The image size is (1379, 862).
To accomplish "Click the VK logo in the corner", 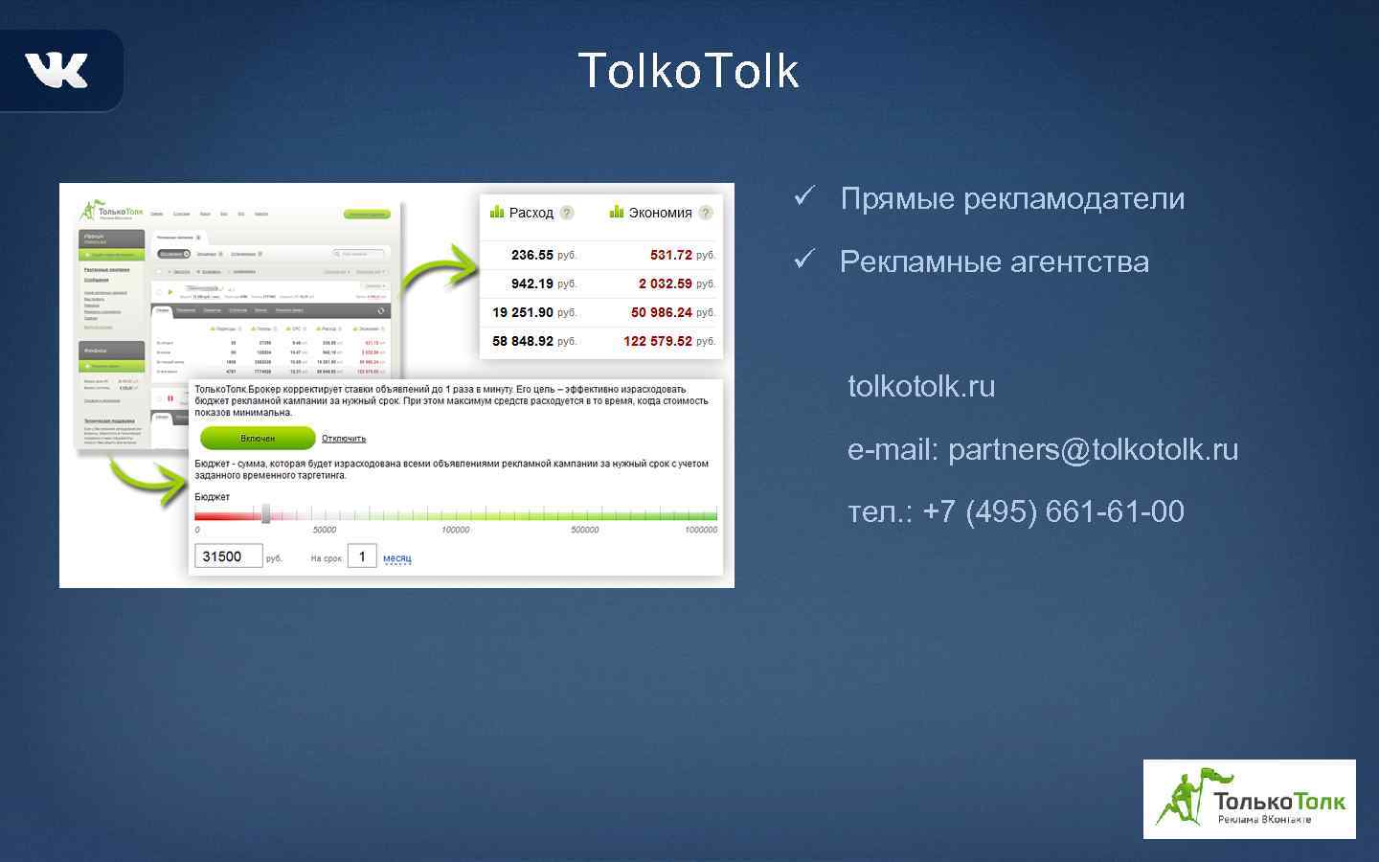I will click(57, 70).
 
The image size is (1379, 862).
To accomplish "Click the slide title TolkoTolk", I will click(689, 71).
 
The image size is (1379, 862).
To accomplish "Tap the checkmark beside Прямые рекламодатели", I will click(803, 196).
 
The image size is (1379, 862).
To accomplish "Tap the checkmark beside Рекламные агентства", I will click(803, 259).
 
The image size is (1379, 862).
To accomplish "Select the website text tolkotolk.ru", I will click(921, 386).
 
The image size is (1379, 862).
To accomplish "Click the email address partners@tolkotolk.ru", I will click(1093, 449).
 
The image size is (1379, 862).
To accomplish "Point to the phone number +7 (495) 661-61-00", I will click(1053, 511).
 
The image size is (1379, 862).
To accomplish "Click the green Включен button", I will click(258, 438).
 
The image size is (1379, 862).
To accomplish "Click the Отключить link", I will click(344, 439).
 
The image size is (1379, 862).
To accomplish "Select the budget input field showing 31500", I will click(228, 556).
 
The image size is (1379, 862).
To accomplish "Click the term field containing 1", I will click(362, 556).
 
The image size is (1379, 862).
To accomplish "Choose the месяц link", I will click(397, 558).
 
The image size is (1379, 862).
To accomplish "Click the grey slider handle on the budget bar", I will click(266, 514).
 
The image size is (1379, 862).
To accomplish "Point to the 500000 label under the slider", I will click(584, 530).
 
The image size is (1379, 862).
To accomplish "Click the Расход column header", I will click(531, 213).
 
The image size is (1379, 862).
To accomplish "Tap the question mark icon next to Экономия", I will click(706, 213).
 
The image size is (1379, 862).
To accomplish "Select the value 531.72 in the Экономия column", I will click(670, 255).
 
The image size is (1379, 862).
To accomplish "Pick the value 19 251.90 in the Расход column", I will click(523, 312).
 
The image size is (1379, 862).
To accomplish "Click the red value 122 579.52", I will click(657, 341).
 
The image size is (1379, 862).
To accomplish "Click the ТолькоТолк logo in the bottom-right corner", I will click(1249, 800).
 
